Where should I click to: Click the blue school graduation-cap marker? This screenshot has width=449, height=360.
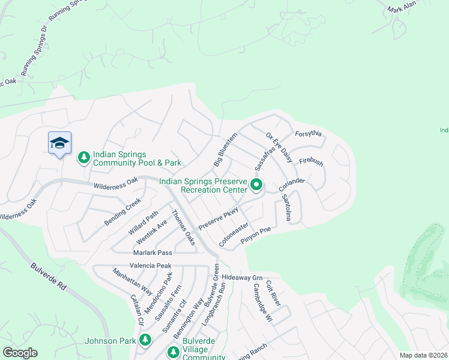pyautogui.click(x=59, y=143)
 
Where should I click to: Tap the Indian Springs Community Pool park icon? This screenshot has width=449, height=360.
pyautogui.click(x=84, y=158)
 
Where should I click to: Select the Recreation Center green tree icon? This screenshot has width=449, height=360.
pyautogui.click(x=256, y=185)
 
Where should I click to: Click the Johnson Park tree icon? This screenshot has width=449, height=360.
pyautogui.click(x=145, y=340)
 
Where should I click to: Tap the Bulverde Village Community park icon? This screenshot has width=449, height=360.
pyautogui.click(x=173, y=352)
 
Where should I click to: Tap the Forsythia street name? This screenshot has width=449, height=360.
pyautogui.click(x=309, y=133)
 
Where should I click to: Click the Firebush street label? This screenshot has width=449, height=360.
pyautogui.click(x=311, y=163)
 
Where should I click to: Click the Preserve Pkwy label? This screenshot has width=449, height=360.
pyautogui.click(x=219, y=217)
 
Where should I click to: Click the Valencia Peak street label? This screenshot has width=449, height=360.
pyautogui.click(x=150, y=265)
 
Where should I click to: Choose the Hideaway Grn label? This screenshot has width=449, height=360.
pyautogui.click(x=243, y=278)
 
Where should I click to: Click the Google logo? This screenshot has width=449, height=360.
pyautogui.click(x=20, y=353)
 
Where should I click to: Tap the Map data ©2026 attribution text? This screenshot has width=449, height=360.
pyautogui.click(x=423, y=355)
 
